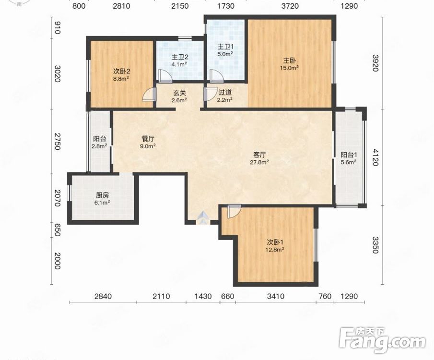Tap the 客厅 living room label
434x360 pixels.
pyautogui.click(x=259, y=155)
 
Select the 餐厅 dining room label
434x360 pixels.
pyautogui.click(x=148, y=139)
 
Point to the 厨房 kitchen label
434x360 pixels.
pyautogui.click(x=102, y=195)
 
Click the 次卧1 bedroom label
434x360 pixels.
pyautogui.click(x=275, y=242)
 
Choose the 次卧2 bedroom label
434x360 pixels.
pyautogui.click(x=121, y=71)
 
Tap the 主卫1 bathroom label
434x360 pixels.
pyautogui.click(x=225, y=47)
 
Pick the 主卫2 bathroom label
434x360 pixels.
pyautogui.click(x=180, y=57)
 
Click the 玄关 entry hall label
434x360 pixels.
pyautogui.click(x=179, y=93)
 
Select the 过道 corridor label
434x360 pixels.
pyautogui.click(x=225, y=92)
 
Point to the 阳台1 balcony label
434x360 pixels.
pyautogui.click(x=349, y=155)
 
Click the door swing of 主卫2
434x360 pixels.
pyautogui.click(x=165, y=76)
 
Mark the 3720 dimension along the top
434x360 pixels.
pyautogui.click(x=290, y=6)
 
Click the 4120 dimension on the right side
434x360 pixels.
pyautogui.click(x=375, y=157)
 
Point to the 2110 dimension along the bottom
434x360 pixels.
pyautogui.click(x=161, y=296)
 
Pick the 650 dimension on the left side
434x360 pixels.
pyautogui.click(x=57, y=230)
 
